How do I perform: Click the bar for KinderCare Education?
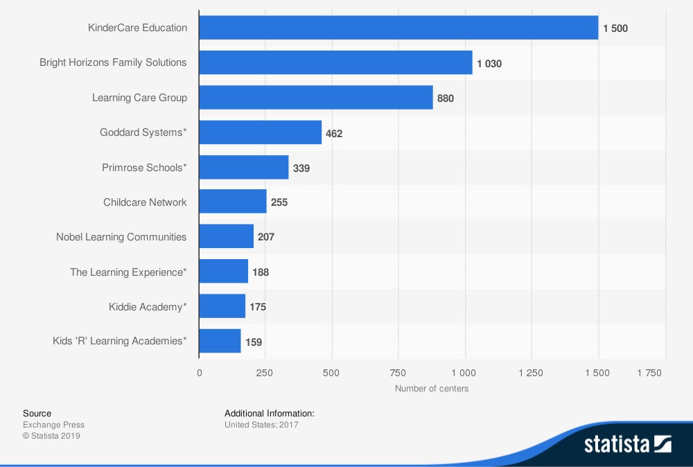[398, 28]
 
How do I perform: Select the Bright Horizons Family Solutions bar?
[335, 62]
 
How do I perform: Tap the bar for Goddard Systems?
[260, 132]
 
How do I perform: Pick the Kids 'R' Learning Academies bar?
[220, 341]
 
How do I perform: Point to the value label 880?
[446, 98]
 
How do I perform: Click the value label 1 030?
[489, 64]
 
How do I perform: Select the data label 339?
[301, 168]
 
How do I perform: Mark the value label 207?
[266, 237]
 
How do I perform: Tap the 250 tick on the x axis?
[265, 373]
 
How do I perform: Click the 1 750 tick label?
[649, 373]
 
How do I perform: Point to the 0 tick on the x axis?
[200, 373]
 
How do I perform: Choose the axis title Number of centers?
[432, 389]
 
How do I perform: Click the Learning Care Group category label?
[139, 98]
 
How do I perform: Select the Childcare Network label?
[145, 202]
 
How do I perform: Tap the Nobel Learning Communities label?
[121, 237]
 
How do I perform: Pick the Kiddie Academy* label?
[148, 306]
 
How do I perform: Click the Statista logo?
[627, 443]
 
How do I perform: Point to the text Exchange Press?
[53, 425]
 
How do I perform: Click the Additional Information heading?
[270, 413]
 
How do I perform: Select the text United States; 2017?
[261, 425]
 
